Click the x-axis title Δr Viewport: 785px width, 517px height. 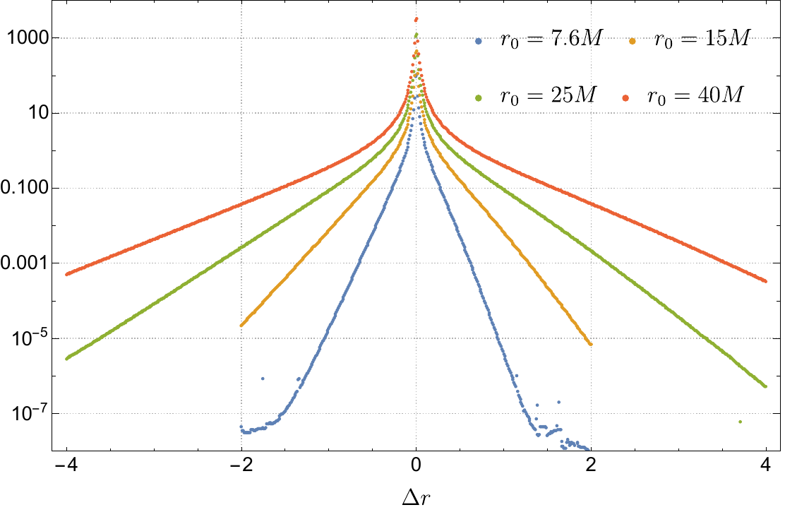[416, 497]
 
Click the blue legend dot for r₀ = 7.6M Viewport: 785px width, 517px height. [479, 42]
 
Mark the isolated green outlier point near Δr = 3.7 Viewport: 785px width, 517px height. [740, 422]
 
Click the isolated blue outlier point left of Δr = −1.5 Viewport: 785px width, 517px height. [263, 379]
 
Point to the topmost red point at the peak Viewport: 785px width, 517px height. [417, 20]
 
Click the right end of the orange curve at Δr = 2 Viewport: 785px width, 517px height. [590, 344]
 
